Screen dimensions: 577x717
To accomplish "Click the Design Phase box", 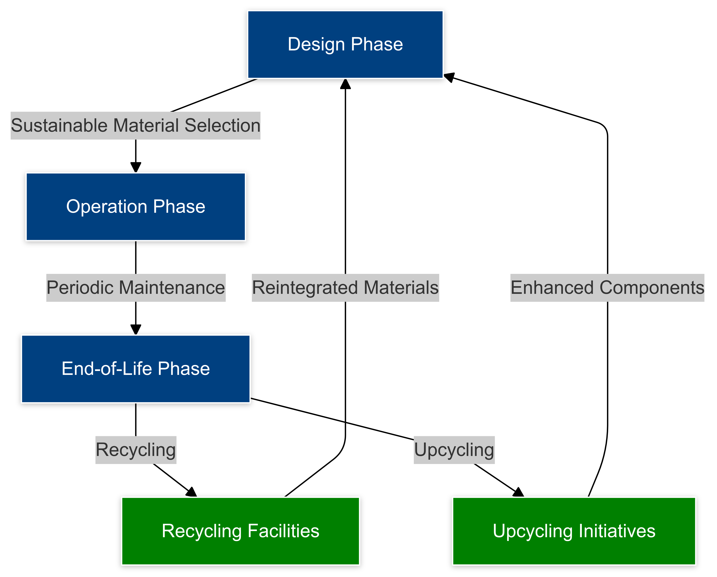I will [345, 45].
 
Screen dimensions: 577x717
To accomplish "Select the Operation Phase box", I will [136, 207].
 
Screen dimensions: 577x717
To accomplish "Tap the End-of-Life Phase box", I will [136, 369].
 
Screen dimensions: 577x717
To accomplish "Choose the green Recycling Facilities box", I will [240, 531].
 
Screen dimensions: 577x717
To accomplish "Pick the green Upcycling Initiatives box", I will [574, 531].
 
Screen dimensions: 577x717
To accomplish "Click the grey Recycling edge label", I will [136, 450].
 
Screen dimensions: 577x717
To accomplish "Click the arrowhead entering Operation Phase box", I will [136, 167].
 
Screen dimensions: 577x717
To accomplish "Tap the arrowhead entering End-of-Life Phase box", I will [136, 330].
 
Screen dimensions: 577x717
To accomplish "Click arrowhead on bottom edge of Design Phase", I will [345, 84].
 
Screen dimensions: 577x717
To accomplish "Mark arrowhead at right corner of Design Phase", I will [449, 77].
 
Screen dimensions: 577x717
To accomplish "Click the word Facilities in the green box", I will [283, 531].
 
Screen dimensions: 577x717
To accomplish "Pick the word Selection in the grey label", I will [222, 126].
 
